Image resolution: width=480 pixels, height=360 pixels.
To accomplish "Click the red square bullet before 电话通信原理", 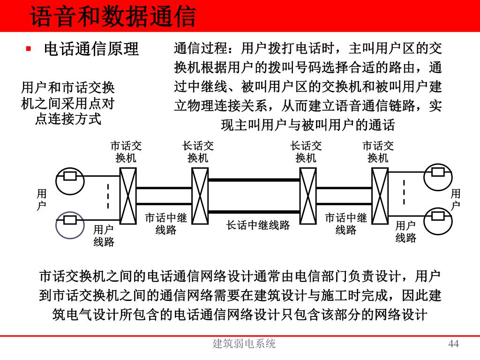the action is [28, 48].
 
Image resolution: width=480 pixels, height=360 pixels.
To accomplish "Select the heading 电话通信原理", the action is [91, 49].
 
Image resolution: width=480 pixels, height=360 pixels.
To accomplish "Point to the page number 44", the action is [453, 344].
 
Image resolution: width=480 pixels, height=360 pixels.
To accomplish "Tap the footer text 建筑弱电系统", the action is [244, 344].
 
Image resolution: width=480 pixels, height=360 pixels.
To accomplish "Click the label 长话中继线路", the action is [258, 225].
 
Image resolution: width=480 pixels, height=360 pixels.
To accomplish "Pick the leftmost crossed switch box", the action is [127, 195].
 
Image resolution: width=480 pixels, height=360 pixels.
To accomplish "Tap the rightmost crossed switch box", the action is [380, 195].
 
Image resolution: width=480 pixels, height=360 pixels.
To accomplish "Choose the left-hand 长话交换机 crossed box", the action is [200, 195].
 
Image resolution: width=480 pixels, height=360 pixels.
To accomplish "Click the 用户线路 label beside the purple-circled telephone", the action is [104, 236].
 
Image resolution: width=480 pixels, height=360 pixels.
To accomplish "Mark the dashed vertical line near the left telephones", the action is [108, 196].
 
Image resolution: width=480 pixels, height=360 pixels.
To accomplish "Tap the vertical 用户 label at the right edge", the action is [456, 199].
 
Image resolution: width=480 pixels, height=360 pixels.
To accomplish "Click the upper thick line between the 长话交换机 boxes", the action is [254, 180].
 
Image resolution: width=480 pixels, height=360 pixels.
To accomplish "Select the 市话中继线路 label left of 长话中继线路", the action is [165, 224].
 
